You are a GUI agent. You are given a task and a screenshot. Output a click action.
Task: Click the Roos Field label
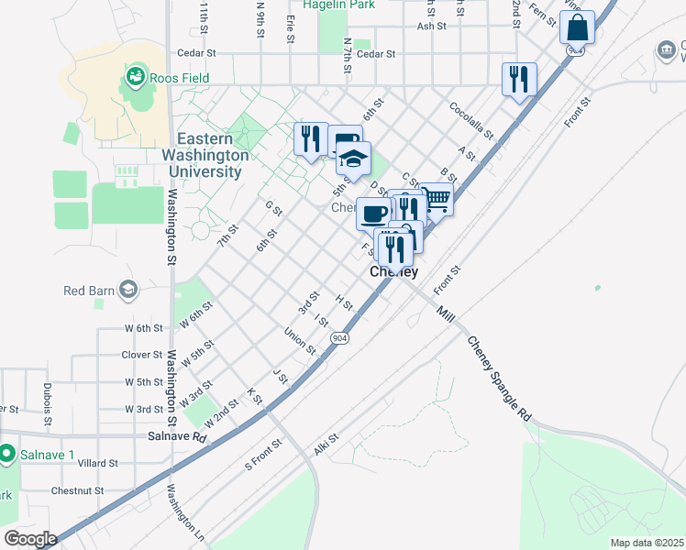pyautogui.click(x=181, y=79)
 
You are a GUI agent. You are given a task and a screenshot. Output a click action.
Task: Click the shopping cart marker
pyautogui.click(x=437, y=198)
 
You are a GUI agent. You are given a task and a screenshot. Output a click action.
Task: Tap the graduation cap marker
pyautogui.click(x=353, y=159)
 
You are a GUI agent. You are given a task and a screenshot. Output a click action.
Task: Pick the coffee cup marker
pyautogui.click(x=372, y=214)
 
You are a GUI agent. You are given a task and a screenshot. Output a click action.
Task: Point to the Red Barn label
pyautogui.click(x=88, y=291)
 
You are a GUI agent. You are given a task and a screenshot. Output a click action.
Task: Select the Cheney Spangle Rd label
pyautogui.click(x=499, y=379)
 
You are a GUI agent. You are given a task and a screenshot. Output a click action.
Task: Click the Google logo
pyautogui.click(x=30, y=539)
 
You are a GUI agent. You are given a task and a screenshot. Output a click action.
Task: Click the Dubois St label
pyautogui.click(x=47, y=400)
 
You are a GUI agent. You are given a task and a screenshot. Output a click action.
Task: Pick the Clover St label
pyautogui.click(x=141, y=355)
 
